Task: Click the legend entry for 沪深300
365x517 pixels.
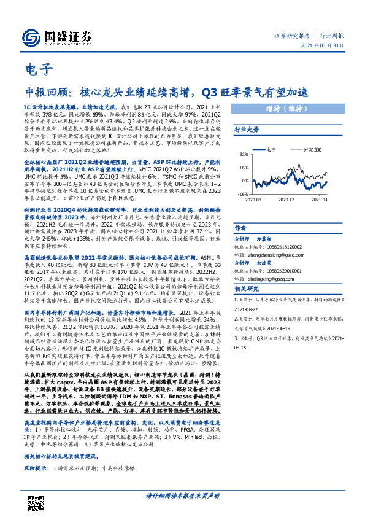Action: coord(316,149)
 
